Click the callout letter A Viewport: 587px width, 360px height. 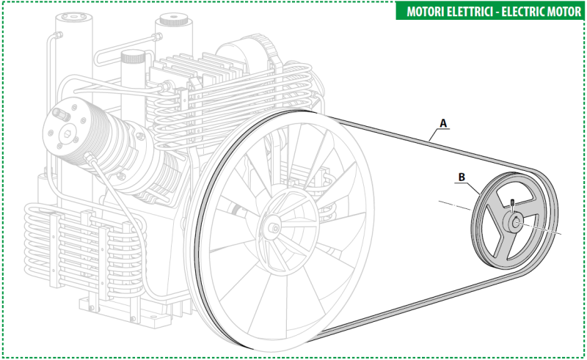pyautogui.click(x=443, y=122)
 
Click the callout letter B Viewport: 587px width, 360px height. pyautogui.click(x=462, y=177)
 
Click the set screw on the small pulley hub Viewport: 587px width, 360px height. pyautogui.click(x=512, y=203)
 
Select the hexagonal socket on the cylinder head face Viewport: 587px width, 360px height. pyautogui.click(x=68, y=133)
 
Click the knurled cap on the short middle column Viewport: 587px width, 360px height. pyautogui.click(x=133, y=57)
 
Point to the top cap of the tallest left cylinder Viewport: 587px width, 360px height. pyautogui.click(x=73, y=17)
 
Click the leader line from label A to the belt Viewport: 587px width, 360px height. pyautogui.click(x=434, y=134)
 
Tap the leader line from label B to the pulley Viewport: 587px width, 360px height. pyautogui.click(x=472, y=186)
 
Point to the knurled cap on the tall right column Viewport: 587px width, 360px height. pyautogui.click(x=174, y=20)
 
